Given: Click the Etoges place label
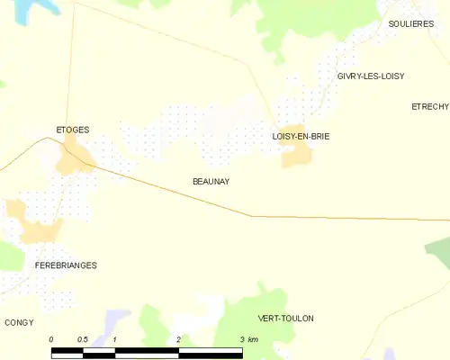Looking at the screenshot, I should pyautogui.click(x=72, y=130).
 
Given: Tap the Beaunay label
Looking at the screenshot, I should pyautogui.click(x=211, y=181).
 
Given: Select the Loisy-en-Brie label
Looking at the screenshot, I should pyautogui.click(x=301, y=136).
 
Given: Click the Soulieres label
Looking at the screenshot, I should pyautogui.click(x=411, y=24).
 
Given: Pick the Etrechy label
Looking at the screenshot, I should pyautogui.click(x=429, y=106).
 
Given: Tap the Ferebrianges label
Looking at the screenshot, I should pyautogui.click(x=66, y=265).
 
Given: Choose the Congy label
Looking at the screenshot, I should pyautogui.click(x=19, y=321).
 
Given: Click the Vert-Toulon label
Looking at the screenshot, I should pyautogui.click(x=285, y=319).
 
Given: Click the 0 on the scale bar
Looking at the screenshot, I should pyautogui.click(x=51, y=339).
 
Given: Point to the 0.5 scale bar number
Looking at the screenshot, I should pyautogui.click(x=82, y=339).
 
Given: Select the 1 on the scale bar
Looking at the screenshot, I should pyautogui.click(x=115, y=339).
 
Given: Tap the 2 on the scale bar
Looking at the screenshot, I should pyautogui.click(x=179, y=339).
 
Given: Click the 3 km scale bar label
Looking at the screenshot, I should pyautogui.click(x=247, y=339).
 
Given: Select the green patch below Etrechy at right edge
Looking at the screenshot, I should pyautogui.click(x=438, y=251).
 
